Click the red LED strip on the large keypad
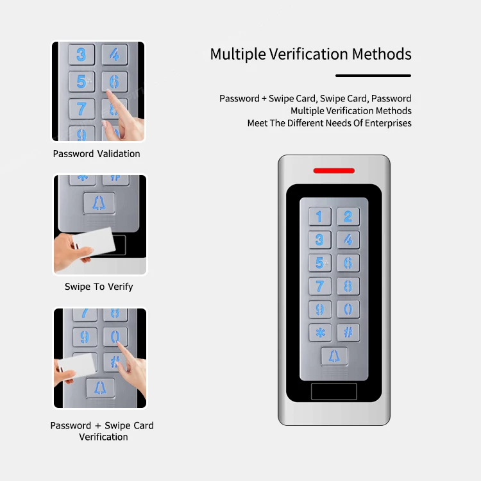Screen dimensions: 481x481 pos(333,171)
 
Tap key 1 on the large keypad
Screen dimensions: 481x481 pos(319,216)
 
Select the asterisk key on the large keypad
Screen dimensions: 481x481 pos(320,332)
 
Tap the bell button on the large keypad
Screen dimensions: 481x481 pos(334,356)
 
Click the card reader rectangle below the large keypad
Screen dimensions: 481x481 pos(333,391)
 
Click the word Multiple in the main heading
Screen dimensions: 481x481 pos(238,55)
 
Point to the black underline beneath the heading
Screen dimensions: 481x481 pos(373,76)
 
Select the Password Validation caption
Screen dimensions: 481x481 pos(96,153)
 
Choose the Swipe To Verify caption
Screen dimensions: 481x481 pos(99,287)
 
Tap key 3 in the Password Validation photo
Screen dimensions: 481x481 pos(81,55)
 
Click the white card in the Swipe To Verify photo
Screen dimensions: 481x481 pos(94,242)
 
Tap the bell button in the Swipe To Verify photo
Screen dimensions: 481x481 pos(99,203)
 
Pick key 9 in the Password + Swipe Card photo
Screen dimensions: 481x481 pos(85,337)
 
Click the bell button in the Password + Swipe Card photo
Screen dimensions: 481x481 pos(100,388)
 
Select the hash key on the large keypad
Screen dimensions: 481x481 pos(348,332)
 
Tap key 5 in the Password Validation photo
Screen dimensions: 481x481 pos(81,81)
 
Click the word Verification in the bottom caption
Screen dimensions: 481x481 pos(103,437)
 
